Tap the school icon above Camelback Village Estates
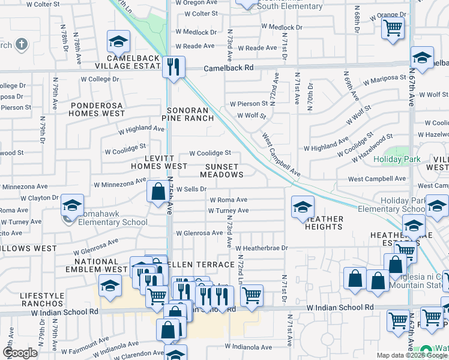(x=118, y=41)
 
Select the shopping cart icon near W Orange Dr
(x=392, y=27)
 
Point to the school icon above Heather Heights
(x=303, y=208)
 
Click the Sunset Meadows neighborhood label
(x=221, y=170)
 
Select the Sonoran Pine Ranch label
(x=191, y=114)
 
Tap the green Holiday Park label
(x=397, y=160)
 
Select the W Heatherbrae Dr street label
(x=262, y=248)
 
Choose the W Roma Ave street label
(x=228, y=200)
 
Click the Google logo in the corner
(x=20, y=353)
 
